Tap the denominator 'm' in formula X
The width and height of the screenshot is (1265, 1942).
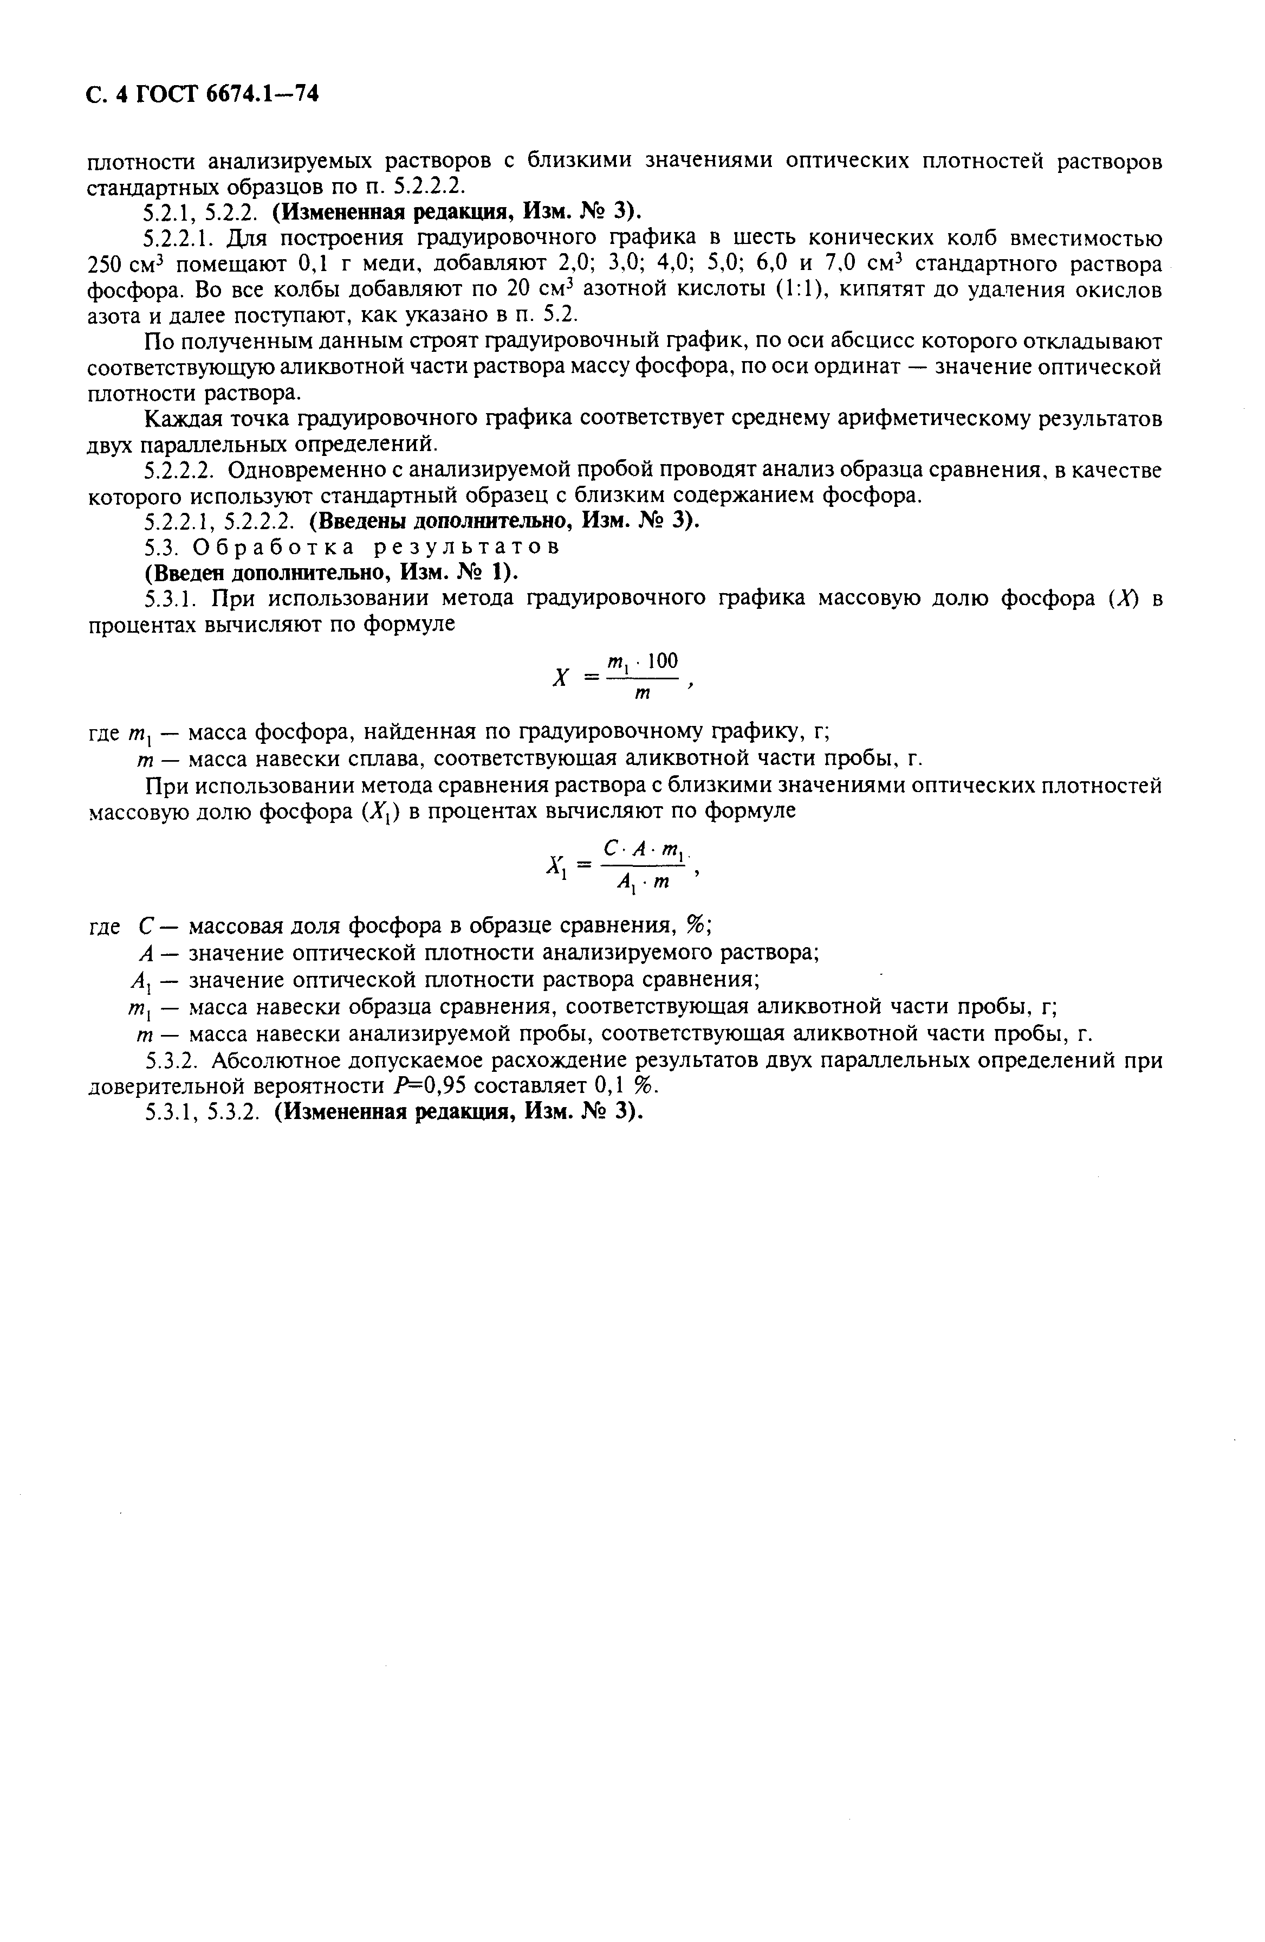pos(643,695)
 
